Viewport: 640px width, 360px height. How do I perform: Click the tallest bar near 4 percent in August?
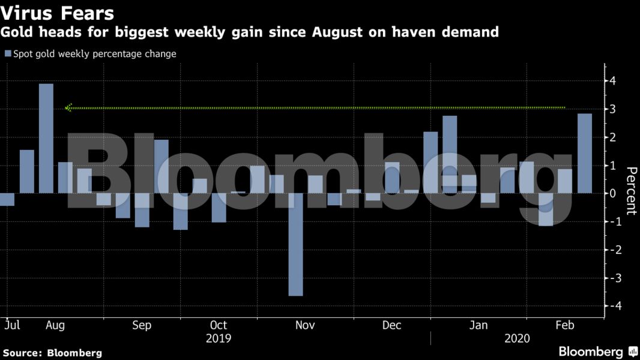point(46,138)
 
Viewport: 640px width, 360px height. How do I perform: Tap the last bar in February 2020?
point(585,154)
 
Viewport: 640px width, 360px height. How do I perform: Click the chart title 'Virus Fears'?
point(58,13)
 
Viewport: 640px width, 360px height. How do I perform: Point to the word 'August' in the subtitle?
point(337,32)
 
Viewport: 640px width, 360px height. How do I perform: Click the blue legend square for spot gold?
point(8,54)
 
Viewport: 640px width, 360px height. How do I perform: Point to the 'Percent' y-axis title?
point(631,191)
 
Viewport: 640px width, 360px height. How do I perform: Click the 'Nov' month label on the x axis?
point(305,325)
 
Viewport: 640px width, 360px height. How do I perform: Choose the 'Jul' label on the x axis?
point(12,325)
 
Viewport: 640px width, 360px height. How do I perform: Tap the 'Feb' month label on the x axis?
point(565,325)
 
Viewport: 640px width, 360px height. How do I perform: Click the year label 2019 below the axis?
point(218,339)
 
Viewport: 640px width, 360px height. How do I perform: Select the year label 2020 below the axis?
point(517,339)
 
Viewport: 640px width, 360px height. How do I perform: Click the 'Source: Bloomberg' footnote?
point(52,353)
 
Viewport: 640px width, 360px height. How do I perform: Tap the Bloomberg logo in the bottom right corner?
point(597,352)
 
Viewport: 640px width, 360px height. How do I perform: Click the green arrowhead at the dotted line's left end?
point(69,108)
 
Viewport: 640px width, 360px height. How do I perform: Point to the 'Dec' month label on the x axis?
point(391,325)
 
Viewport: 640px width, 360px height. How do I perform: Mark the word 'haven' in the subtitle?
point(414,32)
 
